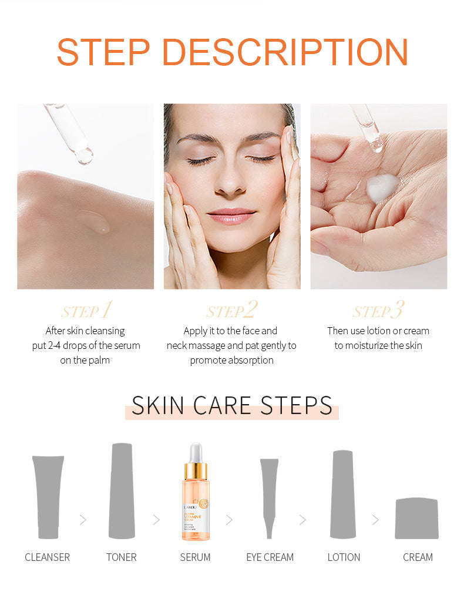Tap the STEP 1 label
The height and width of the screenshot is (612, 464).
(x=86, y=311)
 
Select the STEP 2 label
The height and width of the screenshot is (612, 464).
(x=232, y=311)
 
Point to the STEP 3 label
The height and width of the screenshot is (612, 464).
(x=378, y=311)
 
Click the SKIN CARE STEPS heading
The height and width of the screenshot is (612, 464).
(x=232, y=406)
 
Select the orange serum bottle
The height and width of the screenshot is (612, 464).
(x=196, y=499)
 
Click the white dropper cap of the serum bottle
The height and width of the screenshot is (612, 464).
(x=196, y=452)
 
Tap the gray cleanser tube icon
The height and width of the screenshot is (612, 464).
(x=48, y=496)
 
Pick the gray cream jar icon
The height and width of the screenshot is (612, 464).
(x=416, y=518)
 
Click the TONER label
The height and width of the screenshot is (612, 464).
(x=122, y=557)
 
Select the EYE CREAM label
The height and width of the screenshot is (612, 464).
(x=270, y=557)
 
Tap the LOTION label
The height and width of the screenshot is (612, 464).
(x=344, y=557)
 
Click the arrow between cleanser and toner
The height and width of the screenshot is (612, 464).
(x=83, y=520)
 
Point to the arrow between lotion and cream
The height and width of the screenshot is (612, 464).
(x=375, y=520)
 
